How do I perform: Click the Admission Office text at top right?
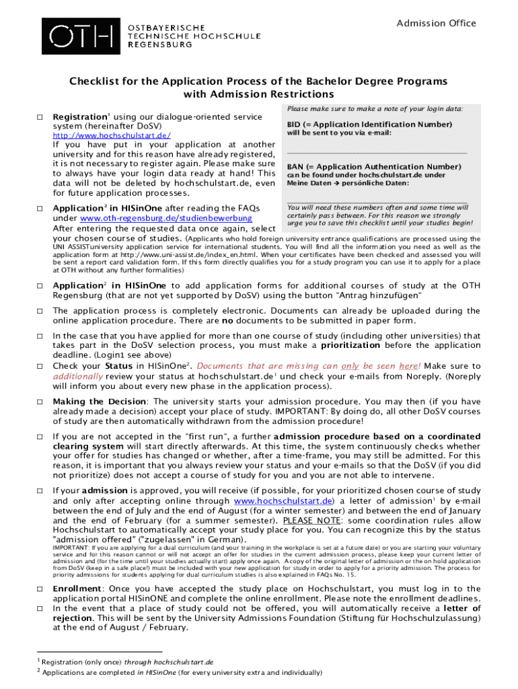pyautogui.click(x=436, y=24)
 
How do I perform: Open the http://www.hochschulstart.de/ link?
pyautogui.click(x=112, y=135)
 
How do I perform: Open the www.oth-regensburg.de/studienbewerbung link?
pyautogui.click(x=166, y=218)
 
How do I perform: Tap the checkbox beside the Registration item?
pyautogui.click(x=40, y=118)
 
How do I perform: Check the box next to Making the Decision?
pyautogui.click(x=40, y=402)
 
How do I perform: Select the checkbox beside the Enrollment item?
pyautogui.click(x=40, y=589)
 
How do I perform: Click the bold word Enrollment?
pyautogui.click(x=77, y=589)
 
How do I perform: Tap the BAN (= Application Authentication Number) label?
pyautogui.click(x=373, y=166)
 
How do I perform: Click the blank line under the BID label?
pyautogui.click(x=377, y=153)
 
